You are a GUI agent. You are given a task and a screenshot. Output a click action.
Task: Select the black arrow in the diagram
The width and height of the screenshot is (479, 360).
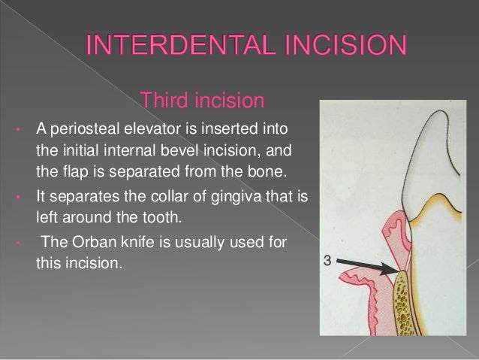pyautogui.click(x=372, y=265)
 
